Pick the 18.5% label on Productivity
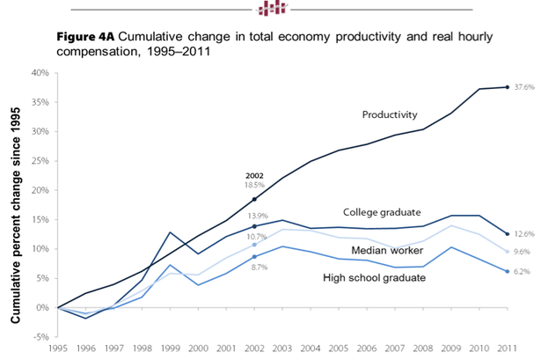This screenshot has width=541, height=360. coord(255,186)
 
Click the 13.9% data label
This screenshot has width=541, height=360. coord(255,216)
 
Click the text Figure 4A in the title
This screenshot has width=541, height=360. coord(85,40)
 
